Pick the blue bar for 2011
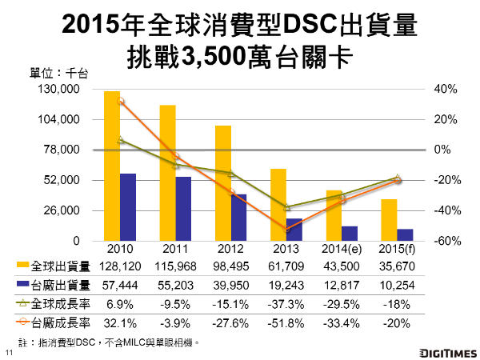183,209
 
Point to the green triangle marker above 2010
121,140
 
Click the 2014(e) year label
338,248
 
